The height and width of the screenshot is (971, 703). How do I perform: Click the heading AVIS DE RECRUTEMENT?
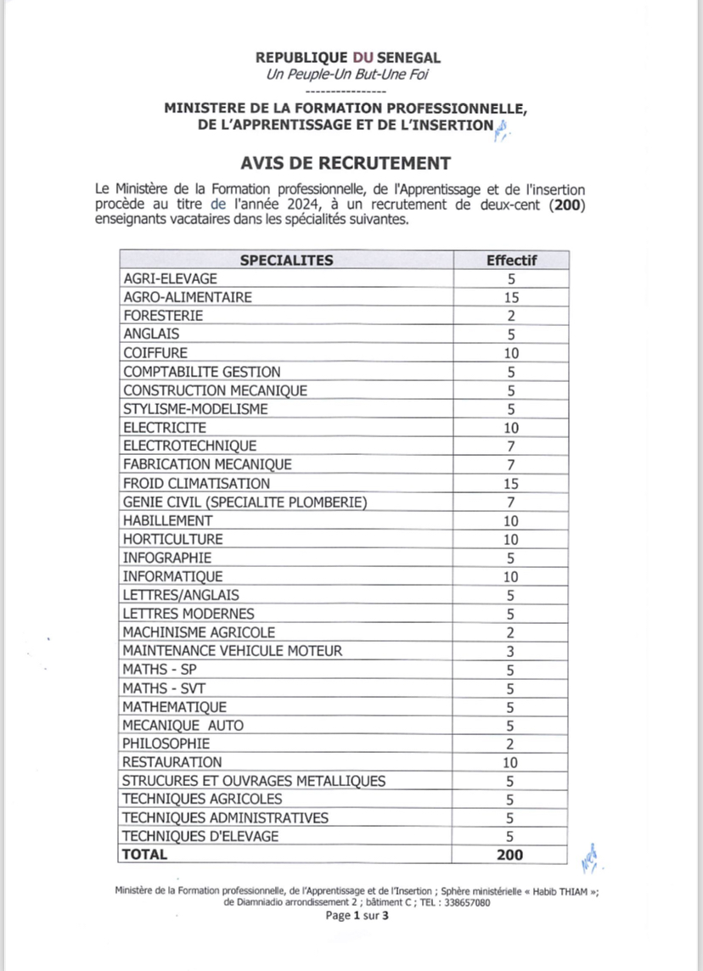(x=346, y=162)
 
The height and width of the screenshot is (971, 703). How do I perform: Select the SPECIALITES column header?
(x=286, y=260)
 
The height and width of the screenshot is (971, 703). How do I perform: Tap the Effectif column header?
(x=511, y=260)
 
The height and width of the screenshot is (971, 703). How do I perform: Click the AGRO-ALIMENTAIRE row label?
(x=187, y=297)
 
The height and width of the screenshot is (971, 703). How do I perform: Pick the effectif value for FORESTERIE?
(x=511, y=316)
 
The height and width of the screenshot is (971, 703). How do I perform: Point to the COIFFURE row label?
(x=155, y=352)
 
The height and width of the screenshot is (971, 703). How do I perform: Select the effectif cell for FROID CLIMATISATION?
(x=511, y=483)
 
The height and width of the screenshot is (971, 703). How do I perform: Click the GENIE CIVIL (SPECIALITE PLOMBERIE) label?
(x=245, y=502)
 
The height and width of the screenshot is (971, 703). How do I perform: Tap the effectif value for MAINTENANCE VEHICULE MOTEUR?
(x=511, y=651)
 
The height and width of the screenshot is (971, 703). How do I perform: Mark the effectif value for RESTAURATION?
(x=511, y=762)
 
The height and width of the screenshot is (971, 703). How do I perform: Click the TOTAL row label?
(x=145, y=855)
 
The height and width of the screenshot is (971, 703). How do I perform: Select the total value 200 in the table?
(x=510, y=855)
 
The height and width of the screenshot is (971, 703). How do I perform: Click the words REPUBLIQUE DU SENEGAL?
(x=348, y=58)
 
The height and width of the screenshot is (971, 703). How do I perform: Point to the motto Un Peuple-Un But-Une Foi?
(x=348, y=75)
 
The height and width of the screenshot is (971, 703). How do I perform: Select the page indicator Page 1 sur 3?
(x=357, y=916)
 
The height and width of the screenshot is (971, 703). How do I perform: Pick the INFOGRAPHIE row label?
(x=167, y=558)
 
